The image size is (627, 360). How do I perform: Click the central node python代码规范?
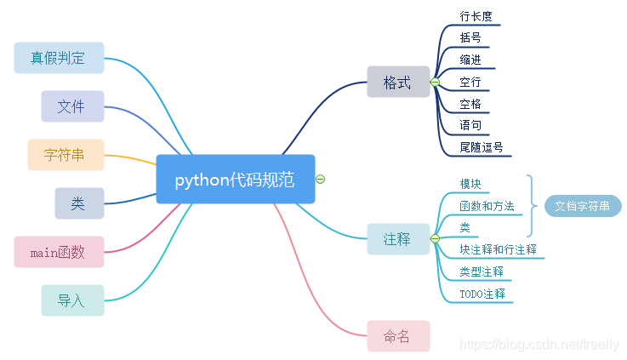coord(235,180)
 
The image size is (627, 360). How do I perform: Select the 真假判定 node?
coord(59,58)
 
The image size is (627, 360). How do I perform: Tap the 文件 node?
coord(72,106)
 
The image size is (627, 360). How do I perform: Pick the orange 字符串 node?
coord(66,155)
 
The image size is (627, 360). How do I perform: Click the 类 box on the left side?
coord(78,203)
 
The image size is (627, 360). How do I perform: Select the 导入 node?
coord(72,300)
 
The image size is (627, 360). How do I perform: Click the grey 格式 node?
coord(397,83)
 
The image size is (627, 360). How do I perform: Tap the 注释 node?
coord(397,239)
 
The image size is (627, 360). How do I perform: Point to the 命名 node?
coord(397,336)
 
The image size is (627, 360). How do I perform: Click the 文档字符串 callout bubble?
coord(583,206)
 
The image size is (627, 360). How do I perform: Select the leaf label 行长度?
coord(476,16)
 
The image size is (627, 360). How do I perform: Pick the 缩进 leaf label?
coord(470,60)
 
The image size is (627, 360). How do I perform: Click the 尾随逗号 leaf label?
coord(482,147)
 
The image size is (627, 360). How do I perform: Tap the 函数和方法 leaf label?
coord(487,206)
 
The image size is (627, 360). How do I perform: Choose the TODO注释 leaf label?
coord(482,294)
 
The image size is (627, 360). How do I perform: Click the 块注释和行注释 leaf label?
coord(498,250)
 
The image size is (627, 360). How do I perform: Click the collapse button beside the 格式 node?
coord(435,83)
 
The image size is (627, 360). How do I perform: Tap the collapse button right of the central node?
coord(321,179)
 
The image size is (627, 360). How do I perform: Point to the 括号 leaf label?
coord(470,37)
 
